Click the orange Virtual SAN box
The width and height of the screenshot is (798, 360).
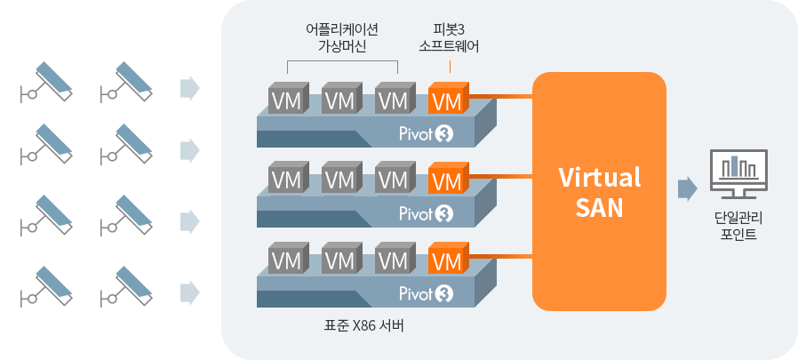[x=599, y=191]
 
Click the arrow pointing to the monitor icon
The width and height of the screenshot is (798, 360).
[x=686, y=188]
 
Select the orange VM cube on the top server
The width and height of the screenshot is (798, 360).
[x=445, y=100]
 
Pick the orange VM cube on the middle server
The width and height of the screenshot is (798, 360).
[x=445, y=180]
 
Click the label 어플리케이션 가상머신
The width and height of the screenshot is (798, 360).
[x=342, y=37]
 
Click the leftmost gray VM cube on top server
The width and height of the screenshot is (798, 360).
[x=286, y=99]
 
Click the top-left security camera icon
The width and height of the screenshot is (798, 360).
[x=45, y=80]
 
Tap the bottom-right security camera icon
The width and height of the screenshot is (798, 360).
[x=125, y=286]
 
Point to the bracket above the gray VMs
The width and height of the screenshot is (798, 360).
[x=342, y=65]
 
